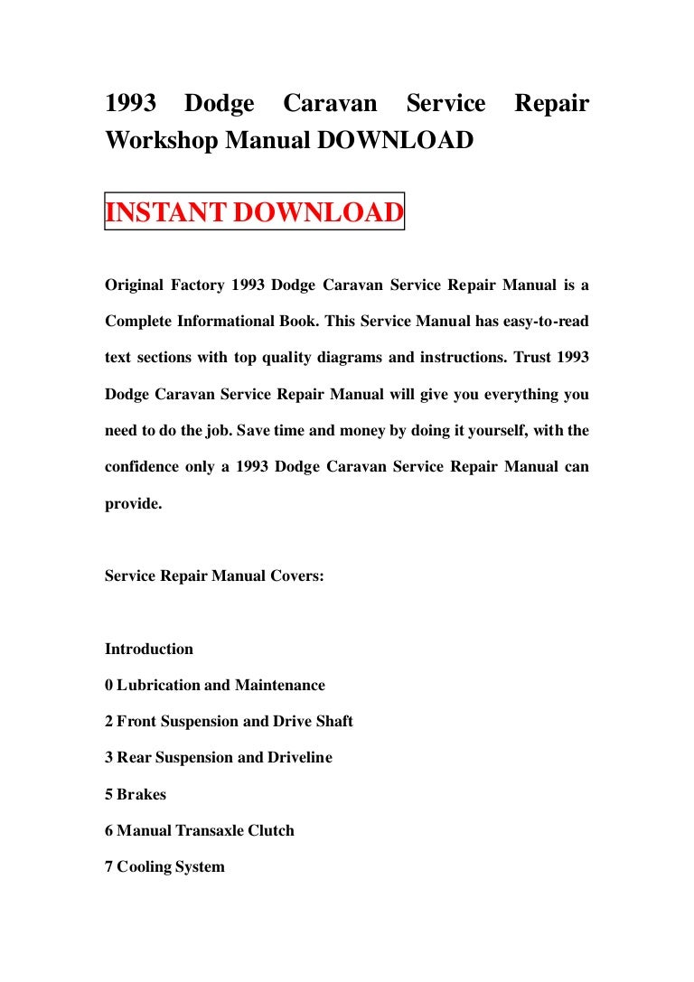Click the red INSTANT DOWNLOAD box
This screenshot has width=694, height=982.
coord(254,213)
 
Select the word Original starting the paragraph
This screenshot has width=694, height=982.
coord(134,285)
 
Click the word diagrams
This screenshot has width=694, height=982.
coord(347,357)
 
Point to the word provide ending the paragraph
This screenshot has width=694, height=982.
coord(132,504)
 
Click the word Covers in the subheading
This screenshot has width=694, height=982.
coord(295,575)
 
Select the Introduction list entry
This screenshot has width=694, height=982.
coord(149,649)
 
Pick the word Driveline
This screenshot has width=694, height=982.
coord(299,758)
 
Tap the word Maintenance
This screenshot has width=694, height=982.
coord(279,686)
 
